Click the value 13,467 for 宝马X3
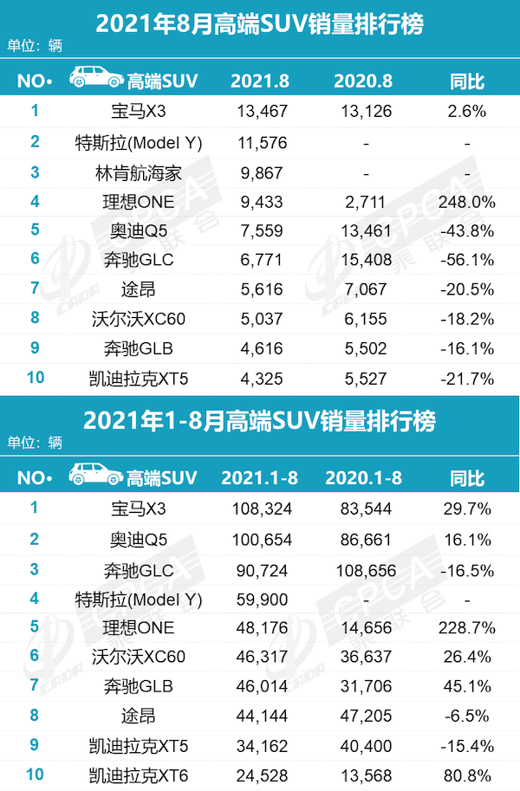(x=261, y=111)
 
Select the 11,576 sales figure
(x=261, y=143)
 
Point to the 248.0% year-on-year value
(x=467, y=202)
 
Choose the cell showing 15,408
(x=364, y=259)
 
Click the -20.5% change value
(x=467, y=288)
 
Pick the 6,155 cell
(x=364, y=318)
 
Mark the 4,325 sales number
(x=261, y=379)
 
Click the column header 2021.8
(x=261, y=81)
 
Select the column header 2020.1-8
(x=364, y=479)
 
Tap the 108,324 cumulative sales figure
(x=261, y=509)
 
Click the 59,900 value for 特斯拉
(x=261, y=599)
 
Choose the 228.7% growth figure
(x=467, y=628)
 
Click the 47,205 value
(x=364, y=715)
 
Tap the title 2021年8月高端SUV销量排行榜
(x=260, y=23)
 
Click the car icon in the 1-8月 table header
(x=93, y=476)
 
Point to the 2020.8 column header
(x=364, y=81)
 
